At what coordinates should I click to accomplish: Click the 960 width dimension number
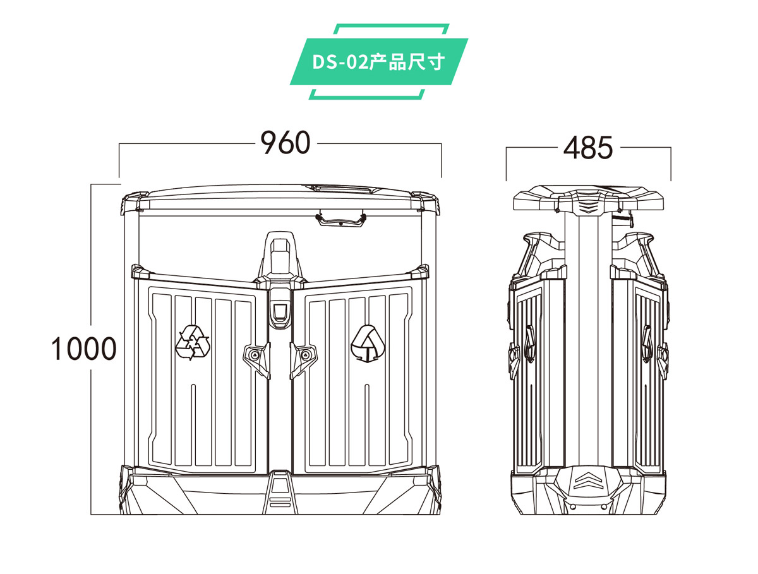pos(286,144)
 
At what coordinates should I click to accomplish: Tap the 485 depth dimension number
pos(588,148)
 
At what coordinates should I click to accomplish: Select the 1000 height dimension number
pos(84,349)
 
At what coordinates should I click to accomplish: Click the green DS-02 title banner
pos(379,62)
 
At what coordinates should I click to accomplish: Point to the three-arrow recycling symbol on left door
pos(193,343)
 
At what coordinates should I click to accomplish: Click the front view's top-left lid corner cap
pos(131,203)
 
